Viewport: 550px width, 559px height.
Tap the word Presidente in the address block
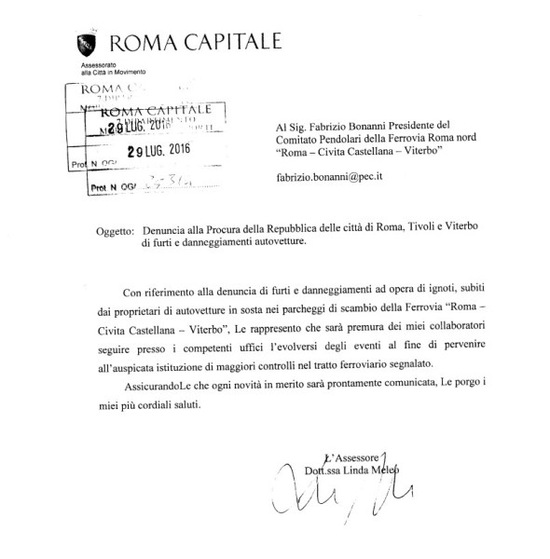436,124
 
